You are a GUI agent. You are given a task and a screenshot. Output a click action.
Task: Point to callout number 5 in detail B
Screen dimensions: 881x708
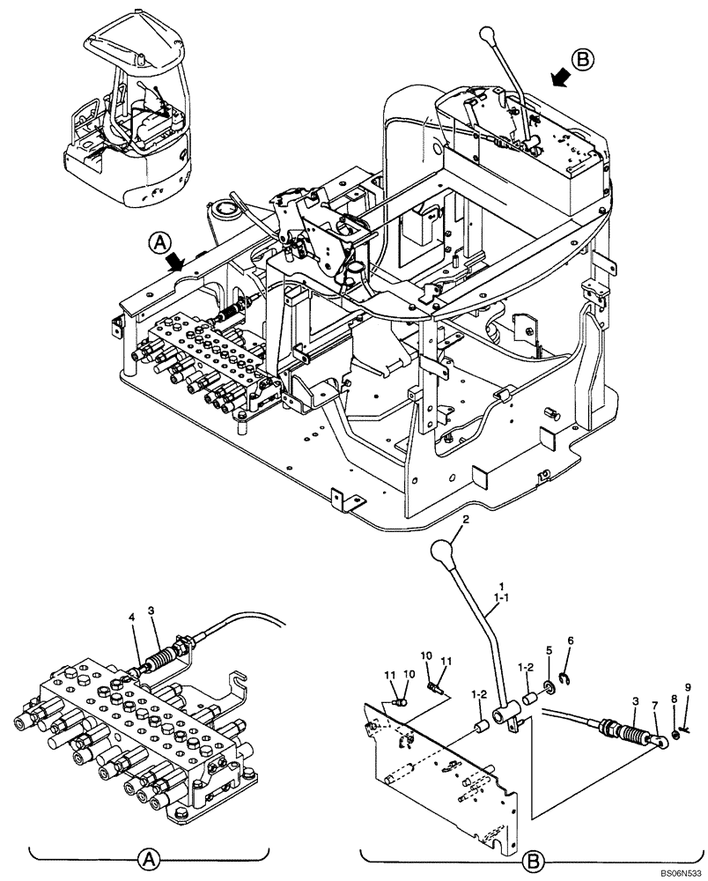tap(550, 651)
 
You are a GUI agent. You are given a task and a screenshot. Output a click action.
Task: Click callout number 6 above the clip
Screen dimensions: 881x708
tap(571, 640)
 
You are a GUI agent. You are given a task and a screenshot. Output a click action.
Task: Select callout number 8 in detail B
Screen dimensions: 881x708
tap(674, 699)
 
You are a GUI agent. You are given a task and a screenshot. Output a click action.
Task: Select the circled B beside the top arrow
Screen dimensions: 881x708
tap(583, 61)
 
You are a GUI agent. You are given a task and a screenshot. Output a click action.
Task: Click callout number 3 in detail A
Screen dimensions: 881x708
tap(151, 611)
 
